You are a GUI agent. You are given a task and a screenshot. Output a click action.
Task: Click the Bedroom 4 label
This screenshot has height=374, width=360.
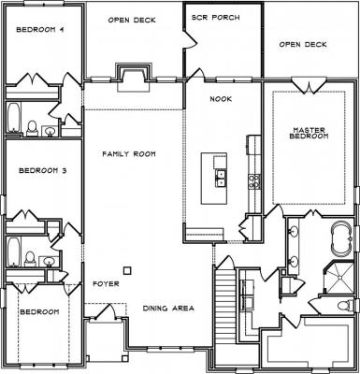point(40,30)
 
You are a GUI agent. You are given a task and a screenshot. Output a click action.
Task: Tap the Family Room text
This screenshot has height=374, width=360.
point(129,154)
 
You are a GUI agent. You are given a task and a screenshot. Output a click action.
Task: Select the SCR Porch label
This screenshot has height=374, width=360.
point(216,18)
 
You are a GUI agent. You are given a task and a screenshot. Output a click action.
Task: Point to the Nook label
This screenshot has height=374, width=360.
point(221,99)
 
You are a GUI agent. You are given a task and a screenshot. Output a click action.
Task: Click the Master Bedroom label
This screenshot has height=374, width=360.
point(309,133)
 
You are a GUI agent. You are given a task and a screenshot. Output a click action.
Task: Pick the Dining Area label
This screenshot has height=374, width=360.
point(168,309)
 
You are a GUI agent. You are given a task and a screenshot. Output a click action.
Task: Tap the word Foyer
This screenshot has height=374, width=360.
point(106,284)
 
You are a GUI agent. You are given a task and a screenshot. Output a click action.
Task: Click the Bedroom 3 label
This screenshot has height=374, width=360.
point(43,171)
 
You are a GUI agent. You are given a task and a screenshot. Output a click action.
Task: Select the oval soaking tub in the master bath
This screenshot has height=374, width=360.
point(342,238)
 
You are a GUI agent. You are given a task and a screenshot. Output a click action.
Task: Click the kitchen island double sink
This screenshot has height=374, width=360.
point(221,179)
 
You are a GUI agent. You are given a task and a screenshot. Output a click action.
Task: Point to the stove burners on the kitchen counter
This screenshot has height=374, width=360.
point(253,181)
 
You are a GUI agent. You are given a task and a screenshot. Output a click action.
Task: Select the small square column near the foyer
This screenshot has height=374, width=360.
point(127,270)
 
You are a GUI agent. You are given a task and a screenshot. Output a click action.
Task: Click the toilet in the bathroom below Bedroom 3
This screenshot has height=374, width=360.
point(30,259)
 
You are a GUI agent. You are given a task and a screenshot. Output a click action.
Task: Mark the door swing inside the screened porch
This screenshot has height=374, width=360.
point(190,38)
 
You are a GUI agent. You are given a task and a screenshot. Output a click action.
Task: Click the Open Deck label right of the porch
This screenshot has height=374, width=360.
point(303,44)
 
